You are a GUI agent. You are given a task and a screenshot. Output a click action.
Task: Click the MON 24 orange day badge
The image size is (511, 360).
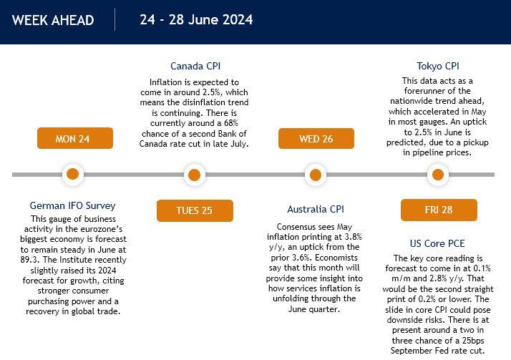pos(75,138)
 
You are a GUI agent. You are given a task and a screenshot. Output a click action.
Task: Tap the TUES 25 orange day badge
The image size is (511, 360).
pos(195,210)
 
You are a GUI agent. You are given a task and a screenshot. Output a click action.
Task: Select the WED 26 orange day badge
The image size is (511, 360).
pos(316,138)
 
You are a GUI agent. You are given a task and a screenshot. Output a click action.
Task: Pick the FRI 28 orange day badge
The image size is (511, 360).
pos(439,210)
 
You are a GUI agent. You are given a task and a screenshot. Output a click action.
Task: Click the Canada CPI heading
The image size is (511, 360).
pos(195,66)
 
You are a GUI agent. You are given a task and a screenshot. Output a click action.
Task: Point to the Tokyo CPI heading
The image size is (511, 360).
pos(438,66)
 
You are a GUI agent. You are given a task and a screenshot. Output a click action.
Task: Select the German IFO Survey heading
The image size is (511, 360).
pos(73,205)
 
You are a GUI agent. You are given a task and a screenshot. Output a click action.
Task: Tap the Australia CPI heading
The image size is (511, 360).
pos(316,209)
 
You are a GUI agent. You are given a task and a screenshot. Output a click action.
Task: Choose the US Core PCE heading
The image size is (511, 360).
pos(437,243)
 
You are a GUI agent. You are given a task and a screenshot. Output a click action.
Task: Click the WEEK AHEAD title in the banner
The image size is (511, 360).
pos(53,20)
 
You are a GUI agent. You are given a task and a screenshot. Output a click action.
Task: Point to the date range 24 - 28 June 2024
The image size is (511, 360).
pos(196,19)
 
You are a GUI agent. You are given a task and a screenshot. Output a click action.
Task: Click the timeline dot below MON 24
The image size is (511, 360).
pos(73,175)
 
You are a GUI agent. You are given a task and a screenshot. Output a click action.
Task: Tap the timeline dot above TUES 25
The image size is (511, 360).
pos(194,175)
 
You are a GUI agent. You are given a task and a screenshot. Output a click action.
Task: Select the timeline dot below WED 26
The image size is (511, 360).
pos(316,175)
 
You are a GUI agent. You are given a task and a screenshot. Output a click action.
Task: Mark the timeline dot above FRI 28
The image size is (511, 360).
pos(438,175)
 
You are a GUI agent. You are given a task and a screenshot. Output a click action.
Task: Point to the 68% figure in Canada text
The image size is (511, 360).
pos(230,123)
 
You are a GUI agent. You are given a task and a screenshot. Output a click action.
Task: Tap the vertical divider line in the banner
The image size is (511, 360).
pos(115,19)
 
